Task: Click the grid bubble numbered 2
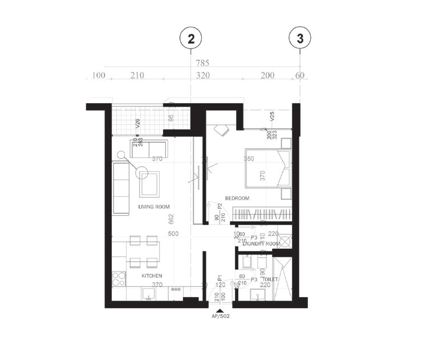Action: (191, 39)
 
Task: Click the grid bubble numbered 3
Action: (300, 39)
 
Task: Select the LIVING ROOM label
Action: (154, 207)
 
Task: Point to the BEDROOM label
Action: (237, 198)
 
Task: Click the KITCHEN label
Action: (152, 276)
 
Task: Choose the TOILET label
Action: (270, 280)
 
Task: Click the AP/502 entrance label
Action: (220, 315)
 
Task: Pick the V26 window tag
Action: (137, 123)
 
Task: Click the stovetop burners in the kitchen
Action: (119, 279)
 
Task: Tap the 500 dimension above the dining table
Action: (173, 234)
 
